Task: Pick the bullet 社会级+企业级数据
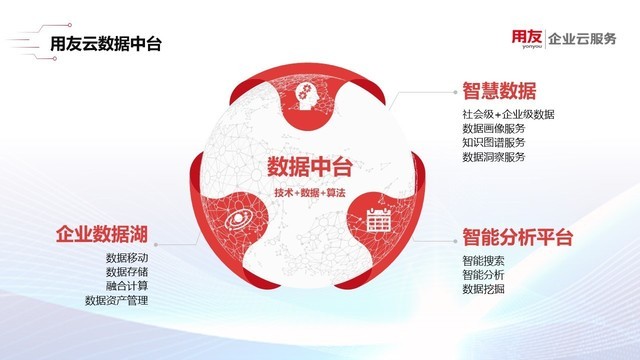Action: click(508, 115)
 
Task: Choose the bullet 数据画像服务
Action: click(493, 129)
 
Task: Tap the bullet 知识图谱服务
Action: click(493, 143)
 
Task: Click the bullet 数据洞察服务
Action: click(493, 157)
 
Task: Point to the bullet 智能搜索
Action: click(483, 261)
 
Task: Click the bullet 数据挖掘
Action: click(483, 289)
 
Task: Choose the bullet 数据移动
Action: click(126, 258)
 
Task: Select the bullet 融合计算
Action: click(126, 285)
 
